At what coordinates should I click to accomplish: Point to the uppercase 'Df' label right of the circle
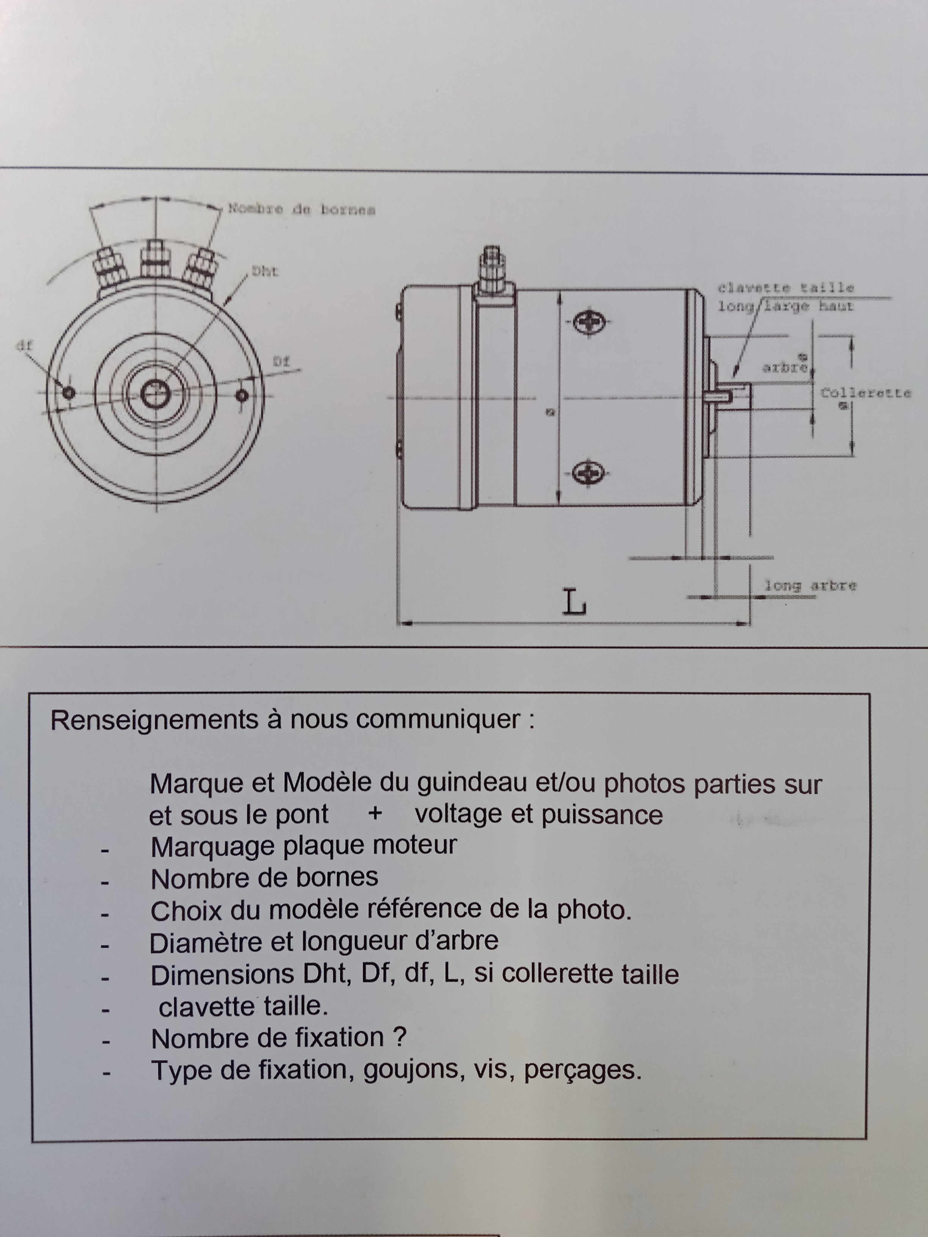[281, 362]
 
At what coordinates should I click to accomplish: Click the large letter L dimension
[574, 603]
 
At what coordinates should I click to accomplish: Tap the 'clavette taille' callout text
[786, 288]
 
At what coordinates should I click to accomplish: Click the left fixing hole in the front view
[68, 393]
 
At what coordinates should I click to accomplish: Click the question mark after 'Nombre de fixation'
[399, 1038]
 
